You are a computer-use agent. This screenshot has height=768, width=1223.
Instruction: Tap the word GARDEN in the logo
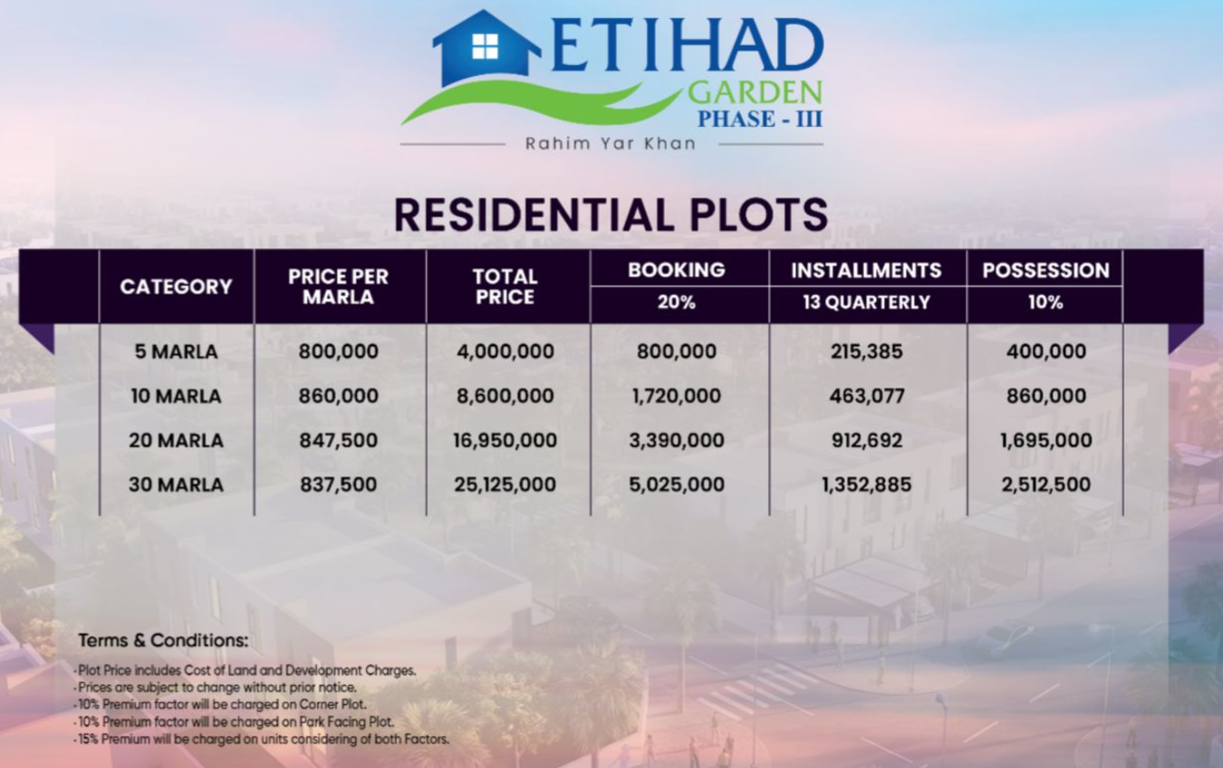coord(755,93)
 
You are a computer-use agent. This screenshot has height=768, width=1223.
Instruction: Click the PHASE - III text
coord(760,119)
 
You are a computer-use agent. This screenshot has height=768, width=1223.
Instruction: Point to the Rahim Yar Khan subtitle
coord(611,144)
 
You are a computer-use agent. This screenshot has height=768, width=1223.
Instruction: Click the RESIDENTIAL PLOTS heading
coord(611,215)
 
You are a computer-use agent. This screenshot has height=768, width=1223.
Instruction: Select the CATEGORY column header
coord(176,286)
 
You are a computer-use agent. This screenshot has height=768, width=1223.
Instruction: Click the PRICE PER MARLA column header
coord(338,286)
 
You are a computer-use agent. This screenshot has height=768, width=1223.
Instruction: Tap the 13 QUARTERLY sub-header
coord(866,302)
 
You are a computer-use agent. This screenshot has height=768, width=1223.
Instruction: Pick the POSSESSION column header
coord(1045,270)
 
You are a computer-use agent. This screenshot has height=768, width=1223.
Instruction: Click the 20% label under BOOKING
coord(677,302)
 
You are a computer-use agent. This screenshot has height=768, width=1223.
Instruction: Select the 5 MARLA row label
coord(176,351)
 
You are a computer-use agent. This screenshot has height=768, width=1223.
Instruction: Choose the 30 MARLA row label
coord(176,485)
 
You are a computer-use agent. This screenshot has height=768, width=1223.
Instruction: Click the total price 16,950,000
coord(505,440)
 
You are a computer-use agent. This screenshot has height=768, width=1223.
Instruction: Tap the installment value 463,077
coord(867,396)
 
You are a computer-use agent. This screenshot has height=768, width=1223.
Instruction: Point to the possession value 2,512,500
coord(1045,485)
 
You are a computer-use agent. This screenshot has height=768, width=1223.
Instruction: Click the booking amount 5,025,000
coord(677,485)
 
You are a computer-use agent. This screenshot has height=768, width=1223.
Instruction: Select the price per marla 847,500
coord(338,440)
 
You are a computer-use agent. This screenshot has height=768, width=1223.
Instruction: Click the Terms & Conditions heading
coord(163,640)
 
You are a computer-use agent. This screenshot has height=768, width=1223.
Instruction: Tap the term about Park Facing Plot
coord(234,722)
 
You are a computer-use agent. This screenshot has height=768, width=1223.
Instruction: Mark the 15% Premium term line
coord(262,740)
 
